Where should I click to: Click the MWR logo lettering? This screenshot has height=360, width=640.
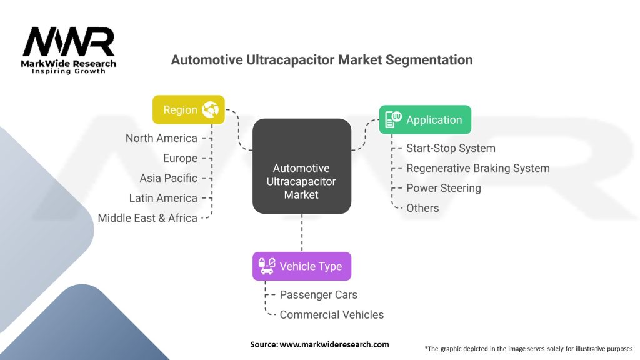[x=69, y=42]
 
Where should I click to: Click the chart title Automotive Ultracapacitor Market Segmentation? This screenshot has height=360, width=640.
[x=322, y=60]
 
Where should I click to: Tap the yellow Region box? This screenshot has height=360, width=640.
[x=188, y=109]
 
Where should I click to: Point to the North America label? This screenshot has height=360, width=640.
[x=161, y=138]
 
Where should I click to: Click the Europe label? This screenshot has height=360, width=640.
[x=180, y=158]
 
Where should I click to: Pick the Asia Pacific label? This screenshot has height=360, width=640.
[x=168, y=178]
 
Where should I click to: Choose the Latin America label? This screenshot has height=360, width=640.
[x=162, y=198]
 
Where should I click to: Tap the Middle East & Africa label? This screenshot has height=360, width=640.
[x=147, y=218]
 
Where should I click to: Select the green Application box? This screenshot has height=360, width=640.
[x=425, y=119]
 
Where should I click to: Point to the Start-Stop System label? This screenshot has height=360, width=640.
[x=451, y=148]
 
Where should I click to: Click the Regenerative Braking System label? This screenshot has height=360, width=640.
[x=477, y=168]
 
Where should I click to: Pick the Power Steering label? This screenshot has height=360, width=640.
[x=444, y=188]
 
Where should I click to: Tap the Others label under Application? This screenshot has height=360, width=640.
[x=422, y=208]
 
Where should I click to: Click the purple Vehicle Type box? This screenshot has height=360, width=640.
[x=301, y=266]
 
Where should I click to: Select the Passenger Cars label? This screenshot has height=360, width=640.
[x=319, y=295]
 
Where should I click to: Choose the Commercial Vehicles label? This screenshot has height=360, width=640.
[x=332, y=315]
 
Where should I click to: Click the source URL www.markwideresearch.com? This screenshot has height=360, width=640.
[x=334, y=344]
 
